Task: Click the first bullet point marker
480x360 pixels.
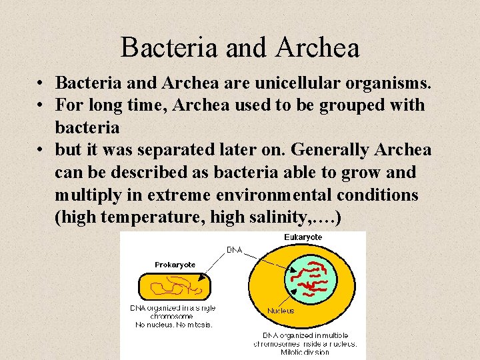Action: [x=41, y=84]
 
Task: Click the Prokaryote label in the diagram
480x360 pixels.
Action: [x=175, y=265]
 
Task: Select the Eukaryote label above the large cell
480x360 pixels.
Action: [x=303, y=237]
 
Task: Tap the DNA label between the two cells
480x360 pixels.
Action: [x=234, y=250]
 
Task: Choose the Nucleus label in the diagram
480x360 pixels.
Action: [x=281, y=311]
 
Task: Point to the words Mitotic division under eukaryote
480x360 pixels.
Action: [x=305, y=353]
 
